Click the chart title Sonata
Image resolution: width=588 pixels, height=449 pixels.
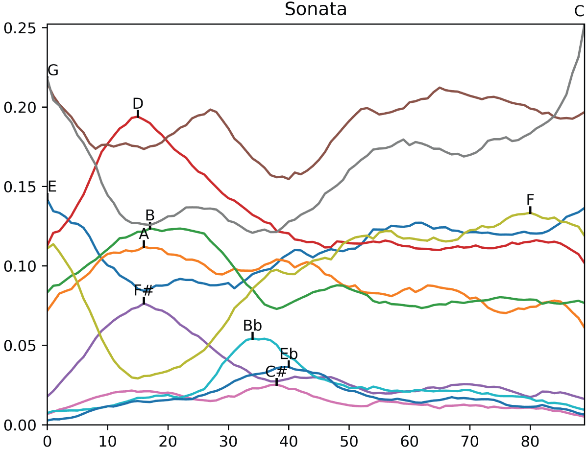316,9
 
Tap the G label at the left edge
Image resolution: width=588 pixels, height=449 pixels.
53,71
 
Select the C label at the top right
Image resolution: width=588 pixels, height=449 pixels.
580,12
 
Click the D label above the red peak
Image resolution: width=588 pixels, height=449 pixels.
138,103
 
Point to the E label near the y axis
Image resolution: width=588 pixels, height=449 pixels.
52,187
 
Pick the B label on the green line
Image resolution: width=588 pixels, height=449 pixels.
150,215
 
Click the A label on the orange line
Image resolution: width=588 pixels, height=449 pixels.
144,234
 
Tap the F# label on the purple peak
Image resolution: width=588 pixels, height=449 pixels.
144,291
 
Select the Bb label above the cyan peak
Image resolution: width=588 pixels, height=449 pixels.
252,326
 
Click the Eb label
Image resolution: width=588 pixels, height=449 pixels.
289,354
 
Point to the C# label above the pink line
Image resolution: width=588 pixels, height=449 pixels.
276,372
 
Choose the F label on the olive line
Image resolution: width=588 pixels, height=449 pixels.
530,200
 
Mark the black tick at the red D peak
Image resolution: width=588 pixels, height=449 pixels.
138,114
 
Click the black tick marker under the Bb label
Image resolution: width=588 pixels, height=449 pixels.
252,336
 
